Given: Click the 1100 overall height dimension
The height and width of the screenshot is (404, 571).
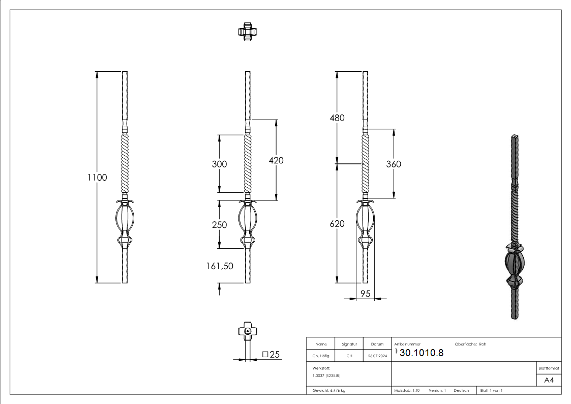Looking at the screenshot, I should pos(97,178).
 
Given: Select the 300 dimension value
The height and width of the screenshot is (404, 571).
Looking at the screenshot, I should pos(219,164).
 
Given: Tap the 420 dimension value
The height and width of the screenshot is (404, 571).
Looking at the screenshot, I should pos(276,160).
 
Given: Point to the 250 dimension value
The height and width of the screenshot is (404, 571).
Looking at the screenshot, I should pos(219,224).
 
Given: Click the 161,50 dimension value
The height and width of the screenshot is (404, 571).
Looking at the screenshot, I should pos(220,265).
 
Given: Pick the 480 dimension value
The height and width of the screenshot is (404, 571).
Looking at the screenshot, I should pos(337,118).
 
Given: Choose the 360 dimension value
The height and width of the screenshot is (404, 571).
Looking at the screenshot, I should pos(394,164).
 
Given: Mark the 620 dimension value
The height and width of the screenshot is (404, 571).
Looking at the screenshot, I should pos(337,224).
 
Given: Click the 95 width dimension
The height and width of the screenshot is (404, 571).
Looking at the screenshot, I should pos(365,293).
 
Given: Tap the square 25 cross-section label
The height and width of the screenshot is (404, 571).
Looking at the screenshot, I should pos(272,355).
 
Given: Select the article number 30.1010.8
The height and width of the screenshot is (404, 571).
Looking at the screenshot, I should pos(422,354).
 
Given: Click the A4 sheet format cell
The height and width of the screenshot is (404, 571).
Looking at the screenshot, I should pos(549,380).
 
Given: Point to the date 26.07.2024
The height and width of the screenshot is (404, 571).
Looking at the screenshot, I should pos(377,356).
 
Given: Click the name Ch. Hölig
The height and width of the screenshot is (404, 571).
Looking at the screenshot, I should pos(320,356).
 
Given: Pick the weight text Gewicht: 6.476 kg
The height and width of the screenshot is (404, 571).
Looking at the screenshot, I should pos(329,390).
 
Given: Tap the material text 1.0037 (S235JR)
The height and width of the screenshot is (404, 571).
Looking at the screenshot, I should pos(326,375).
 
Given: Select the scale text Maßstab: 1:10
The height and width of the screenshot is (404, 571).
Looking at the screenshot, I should pos(407,390).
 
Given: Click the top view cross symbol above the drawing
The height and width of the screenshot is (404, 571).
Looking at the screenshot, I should pos(247,31).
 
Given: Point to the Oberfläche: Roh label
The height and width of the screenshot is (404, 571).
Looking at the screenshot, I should pos(470,344).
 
